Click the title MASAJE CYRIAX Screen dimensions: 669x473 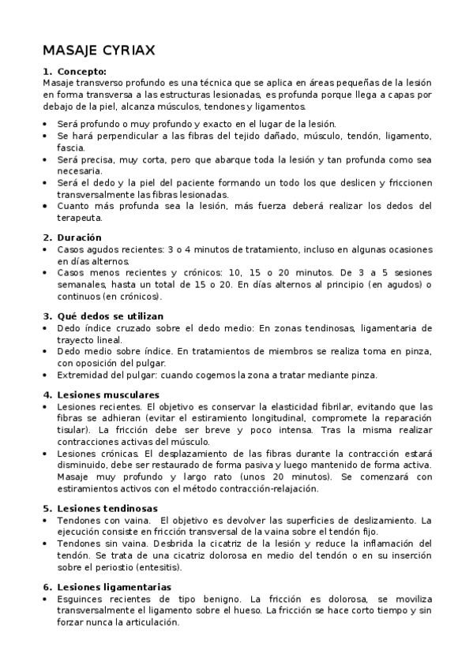[x=99, y=50]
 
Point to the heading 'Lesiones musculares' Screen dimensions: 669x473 [x=108, y=394]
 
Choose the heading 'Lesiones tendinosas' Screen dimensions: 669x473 [x=107, y=509]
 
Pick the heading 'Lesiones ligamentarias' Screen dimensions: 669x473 [x=114, y=587]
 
